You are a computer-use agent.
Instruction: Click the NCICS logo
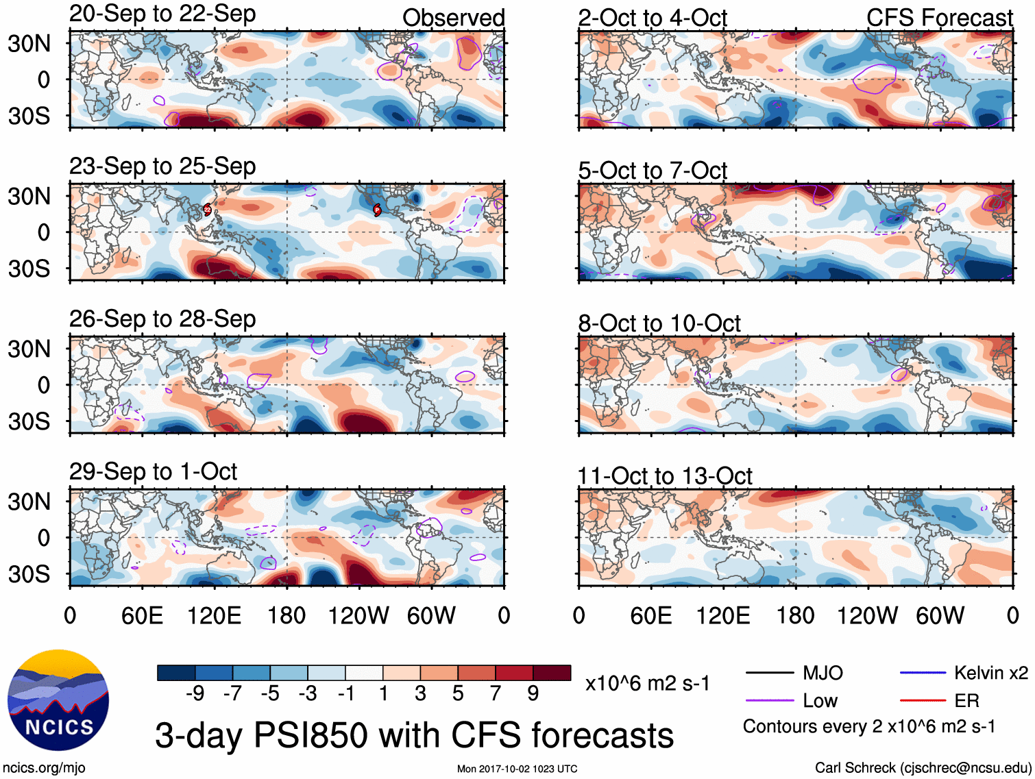(58, 700)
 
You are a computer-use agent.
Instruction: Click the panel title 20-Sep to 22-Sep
(162, 14)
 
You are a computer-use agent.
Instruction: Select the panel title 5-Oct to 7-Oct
(652, 170)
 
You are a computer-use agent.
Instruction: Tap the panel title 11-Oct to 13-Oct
(664, 475)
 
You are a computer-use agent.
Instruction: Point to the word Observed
(453, 18)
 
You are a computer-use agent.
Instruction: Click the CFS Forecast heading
(939, 18)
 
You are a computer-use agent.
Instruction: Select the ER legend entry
(939, 700)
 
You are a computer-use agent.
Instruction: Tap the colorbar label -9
(195, 694)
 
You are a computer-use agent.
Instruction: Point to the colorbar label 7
(496, 694)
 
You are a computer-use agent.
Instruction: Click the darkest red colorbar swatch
(552, 673)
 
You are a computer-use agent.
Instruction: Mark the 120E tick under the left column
(215, 615)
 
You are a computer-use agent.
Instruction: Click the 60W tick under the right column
(940, 615)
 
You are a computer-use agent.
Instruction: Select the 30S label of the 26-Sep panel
(29, 421)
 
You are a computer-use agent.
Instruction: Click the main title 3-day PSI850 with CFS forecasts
(414, 735)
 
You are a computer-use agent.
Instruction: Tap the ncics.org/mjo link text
(44, 768)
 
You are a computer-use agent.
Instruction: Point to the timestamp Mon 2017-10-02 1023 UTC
(517, 769)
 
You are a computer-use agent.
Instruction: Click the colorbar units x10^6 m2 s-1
(647, 683)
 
